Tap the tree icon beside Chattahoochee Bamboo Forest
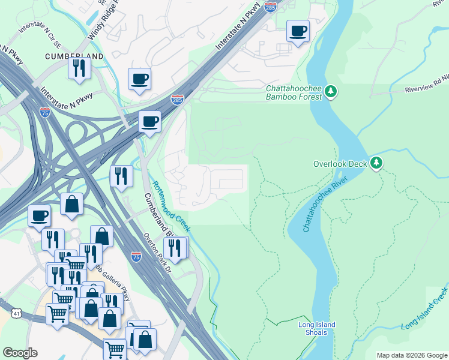point(330,92)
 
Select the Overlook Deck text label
point(339,163)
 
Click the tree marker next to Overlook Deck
point(376,163)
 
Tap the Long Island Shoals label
point(316,329)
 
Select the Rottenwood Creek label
point(170,207)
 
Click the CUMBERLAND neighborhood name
point(74,56)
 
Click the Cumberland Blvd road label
point(157,215)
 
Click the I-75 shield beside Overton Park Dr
point(136,257)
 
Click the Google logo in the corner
point(20,353)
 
